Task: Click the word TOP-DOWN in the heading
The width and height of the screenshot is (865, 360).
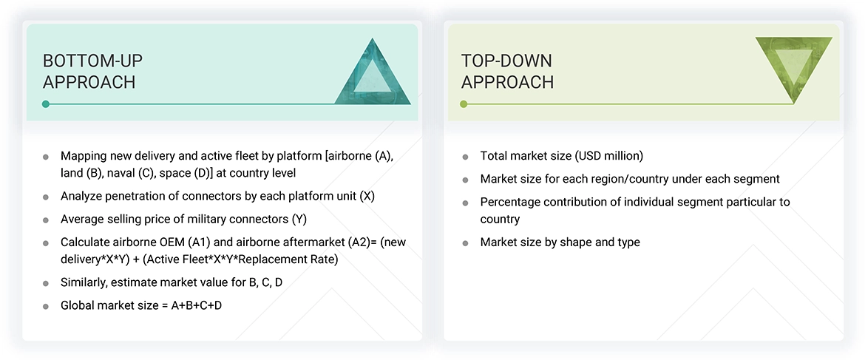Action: [x=506, y=61]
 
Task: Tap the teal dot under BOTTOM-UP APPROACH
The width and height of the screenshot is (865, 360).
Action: [x=46, y=104]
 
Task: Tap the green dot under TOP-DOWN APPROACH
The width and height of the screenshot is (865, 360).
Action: [x=464, y=104]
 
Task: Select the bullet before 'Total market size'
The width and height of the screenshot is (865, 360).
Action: [x=465, y=157]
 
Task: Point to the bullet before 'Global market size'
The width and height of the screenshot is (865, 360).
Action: [x=46, y=305]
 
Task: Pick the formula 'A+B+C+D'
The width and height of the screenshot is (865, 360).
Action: [x=196, y=305]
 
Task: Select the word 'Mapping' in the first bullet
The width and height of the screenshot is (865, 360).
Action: [x=84, y=156]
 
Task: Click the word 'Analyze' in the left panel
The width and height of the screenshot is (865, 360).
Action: [x=83, y=197]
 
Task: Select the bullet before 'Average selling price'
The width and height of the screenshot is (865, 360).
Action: [x=46, y=220]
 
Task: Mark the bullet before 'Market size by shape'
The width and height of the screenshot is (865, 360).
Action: [x=465, y=243]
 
